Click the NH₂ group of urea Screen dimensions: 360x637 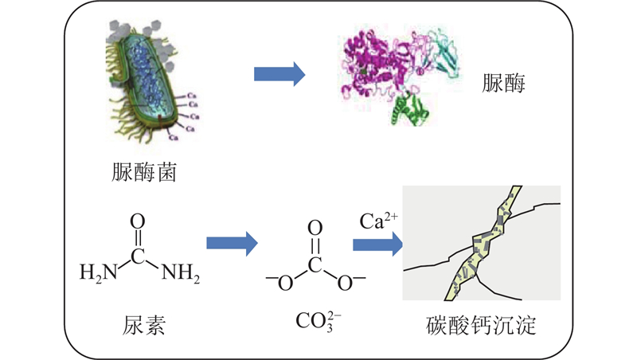click(180, 276)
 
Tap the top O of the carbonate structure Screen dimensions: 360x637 click(315, 226)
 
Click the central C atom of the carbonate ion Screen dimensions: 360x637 click(315, 263)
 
